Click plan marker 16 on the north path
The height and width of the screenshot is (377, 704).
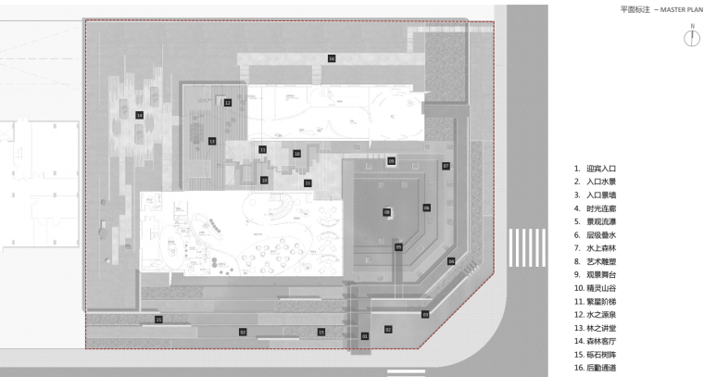click(331, 58)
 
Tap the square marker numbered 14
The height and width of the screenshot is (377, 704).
click(139, 115)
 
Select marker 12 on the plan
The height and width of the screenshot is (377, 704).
click(227, 103)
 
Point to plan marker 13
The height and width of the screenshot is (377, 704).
click(212, 142)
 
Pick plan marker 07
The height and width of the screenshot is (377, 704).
click(446, 166)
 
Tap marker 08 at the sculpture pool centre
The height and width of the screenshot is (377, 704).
click(387, 212)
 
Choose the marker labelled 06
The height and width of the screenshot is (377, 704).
click(426, 207)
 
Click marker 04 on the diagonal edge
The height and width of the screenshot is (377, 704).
click(451, 261)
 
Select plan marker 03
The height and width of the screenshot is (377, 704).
click(425, 315)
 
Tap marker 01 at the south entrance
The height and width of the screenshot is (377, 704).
click(365, 334)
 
